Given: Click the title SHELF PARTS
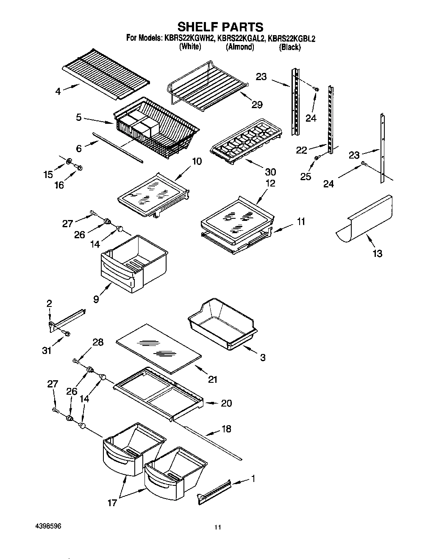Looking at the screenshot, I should point(220,27).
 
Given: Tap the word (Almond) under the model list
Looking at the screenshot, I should point(240,47).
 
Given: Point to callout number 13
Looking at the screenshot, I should point(377,254).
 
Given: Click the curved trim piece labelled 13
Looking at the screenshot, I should point(365,220).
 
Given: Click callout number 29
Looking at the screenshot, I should point(257,105).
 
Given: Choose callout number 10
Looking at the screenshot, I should point(197,162).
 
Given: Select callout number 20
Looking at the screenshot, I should point(226,403).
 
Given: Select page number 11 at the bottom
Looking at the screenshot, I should point(217,528).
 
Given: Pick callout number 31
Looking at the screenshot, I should point(47,351).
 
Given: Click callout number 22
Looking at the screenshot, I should point(302,150).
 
